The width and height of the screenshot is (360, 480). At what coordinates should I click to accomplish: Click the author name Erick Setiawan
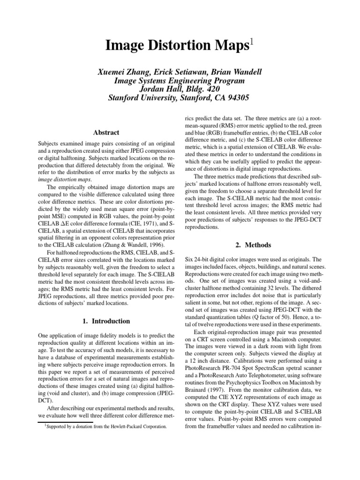tap(179, 72)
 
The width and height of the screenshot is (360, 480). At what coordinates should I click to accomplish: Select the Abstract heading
tap(106, 133)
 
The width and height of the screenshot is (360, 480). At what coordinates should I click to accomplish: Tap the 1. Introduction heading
tap(106, 322)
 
